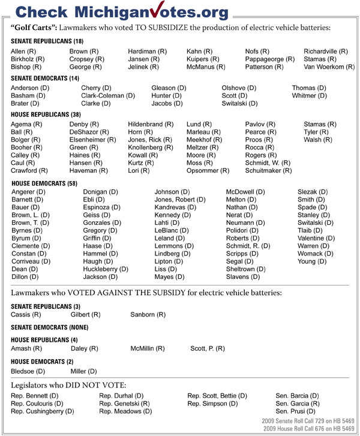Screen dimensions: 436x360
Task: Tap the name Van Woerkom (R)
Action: (x=329, y=67)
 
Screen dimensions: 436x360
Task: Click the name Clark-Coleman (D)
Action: (x=108, y=95)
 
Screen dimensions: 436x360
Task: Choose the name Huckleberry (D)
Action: (x=106, y=269)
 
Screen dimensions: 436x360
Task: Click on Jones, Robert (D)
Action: (x=180, y=200)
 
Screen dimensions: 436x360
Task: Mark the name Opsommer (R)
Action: (x=208, y=170)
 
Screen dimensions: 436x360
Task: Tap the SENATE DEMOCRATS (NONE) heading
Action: (x=50, y=327)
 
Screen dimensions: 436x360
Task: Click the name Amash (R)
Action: (x=26, y=348)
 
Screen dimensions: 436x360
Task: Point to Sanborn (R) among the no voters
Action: (x=148, y=314)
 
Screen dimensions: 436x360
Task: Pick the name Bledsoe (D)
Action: (x=26, y=372)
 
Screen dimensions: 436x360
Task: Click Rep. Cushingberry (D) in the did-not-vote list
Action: (x=43, y=411)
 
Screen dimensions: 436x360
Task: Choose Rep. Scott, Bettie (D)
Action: (x=217, y=396)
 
